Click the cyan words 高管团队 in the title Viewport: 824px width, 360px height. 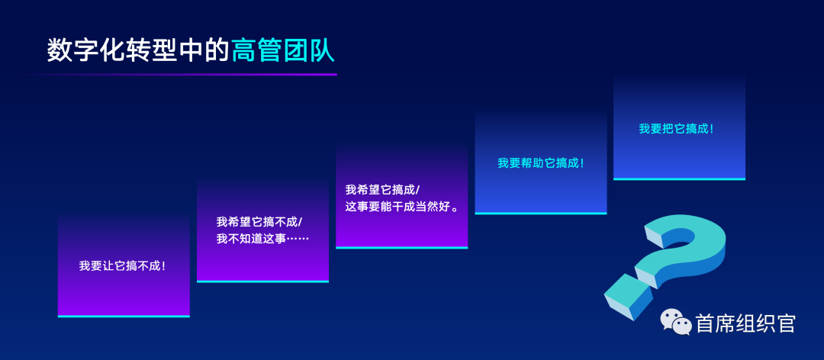coord(283,51)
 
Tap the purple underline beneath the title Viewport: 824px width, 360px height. coord(179,74)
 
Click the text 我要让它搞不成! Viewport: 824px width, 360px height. coord(123,266)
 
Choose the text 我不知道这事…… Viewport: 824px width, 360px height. coord(262,239)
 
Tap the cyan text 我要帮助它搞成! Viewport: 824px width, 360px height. coord(541,163)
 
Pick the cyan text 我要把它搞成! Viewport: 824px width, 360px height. coord(676,129)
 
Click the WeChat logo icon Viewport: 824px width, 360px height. coord(676,321)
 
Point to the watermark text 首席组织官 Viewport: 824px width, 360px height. coord(745,323)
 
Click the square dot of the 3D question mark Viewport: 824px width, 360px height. coord(629,297)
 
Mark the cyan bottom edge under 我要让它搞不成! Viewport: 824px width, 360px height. coord(124,317)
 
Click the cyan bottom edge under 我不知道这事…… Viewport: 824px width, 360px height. coord(262,281)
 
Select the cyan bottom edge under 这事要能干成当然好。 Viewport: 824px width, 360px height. coord(401,248)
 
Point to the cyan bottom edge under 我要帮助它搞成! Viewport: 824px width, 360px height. coord(541,214)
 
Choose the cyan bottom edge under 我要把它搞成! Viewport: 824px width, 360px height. coord(679,179)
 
